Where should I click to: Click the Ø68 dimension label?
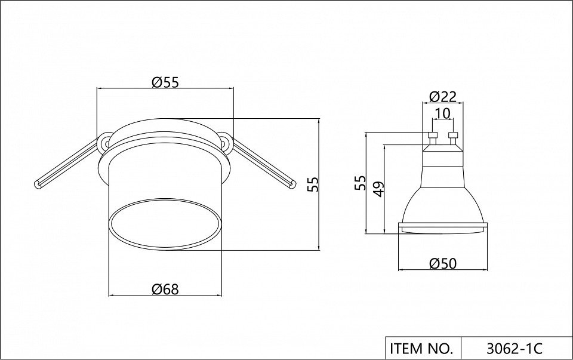165,290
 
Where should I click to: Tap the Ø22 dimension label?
443,97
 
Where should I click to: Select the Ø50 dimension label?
443,263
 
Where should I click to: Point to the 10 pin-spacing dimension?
442,113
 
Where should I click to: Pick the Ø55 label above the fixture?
165,82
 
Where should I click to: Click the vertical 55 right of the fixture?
313,184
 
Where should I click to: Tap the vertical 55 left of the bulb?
360,183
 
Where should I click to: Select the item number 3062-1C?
515,349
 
